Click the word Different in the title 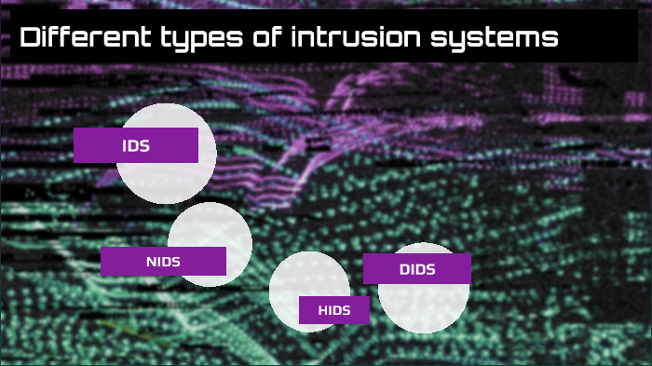click(76, 38)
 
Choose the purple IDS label click(136, 145)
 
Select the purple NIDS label click(163, 261)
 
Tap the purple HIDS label click(333, 310)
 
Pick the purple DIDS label click(416, 269)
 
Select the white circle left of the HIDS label click(293, 284)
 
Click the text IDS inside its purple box click(136, 145)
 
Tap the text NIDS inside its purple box click(163, 262)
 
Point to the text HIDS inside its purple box click(333, 310)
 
